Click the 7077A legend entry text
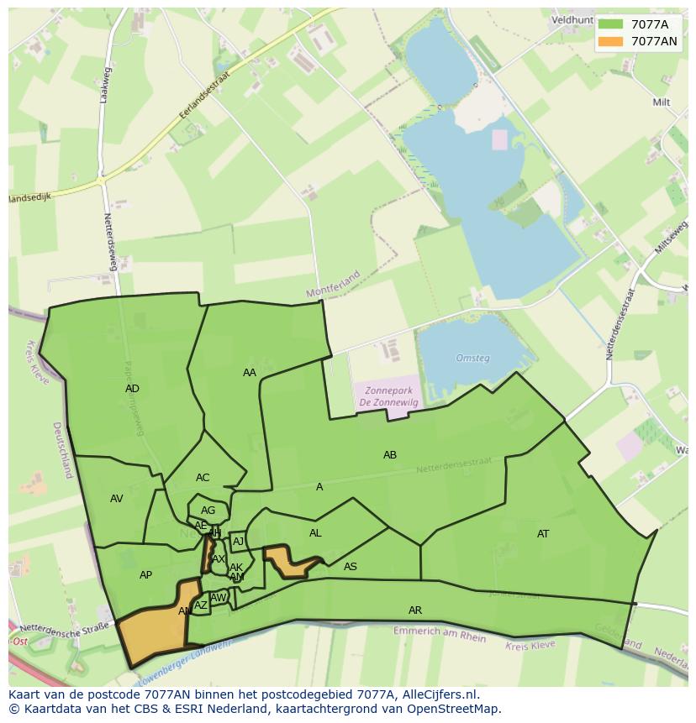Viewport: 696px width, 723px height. (650, 24)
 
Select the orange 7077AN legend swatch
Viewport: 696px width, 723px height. (611, 41)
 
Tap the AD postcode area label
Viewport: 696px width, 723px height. (132, 389)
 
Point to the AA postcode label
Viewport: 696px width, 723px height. (250, 373)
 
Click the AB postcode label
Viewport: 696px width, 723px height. (390, 455)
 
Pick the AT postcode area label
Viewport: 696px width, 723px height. (543, 534)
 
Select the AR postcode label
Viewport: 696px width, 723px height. (415, 610)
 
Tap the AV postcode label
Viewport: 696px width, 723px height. (117, 499)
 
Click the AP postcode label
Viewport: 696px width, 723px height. (145, 575)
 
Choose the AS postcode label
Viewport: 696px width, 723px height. (351, 567)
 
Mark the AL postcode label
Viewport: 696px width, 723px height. (315, 533)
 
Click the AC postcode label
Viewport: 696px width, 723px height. (203, 478)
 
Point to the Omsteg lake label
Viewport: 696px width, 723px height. (472, 359)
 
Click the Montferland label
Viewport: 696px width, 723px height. (333, 285)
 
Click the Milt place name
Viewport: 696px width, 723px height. (661, 102)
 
